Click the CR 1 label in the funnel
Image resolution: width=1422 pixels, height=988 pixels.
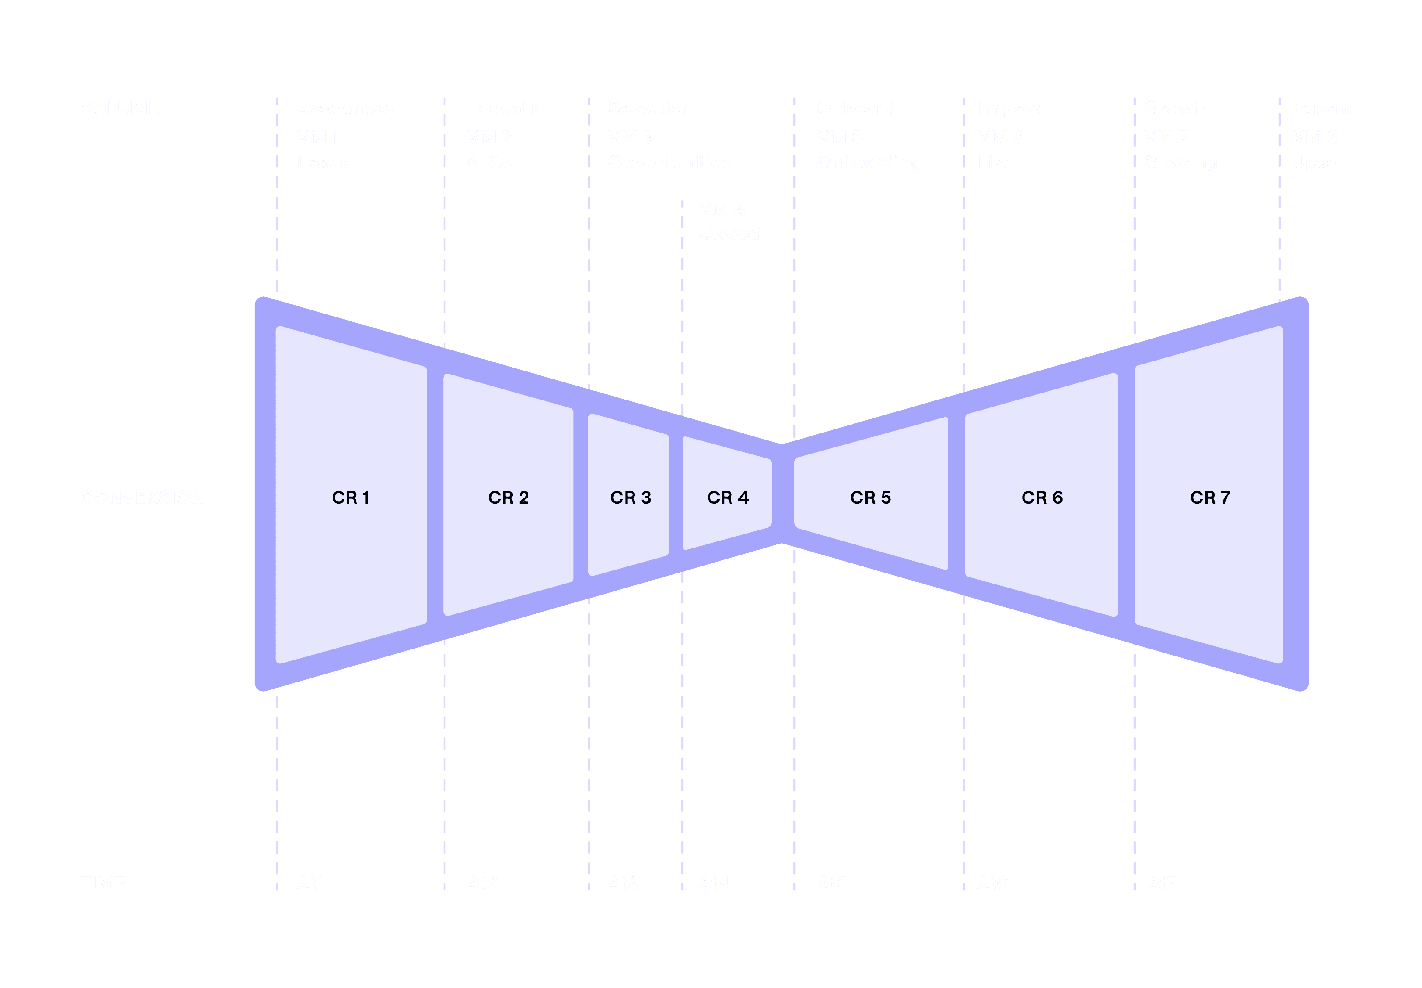click(351, 498)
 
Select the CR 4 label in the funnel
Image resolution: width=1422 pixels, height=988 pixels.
click(728, 498)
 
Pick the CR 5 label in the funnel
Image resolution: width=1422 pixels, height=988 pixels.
click(870, 498)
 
